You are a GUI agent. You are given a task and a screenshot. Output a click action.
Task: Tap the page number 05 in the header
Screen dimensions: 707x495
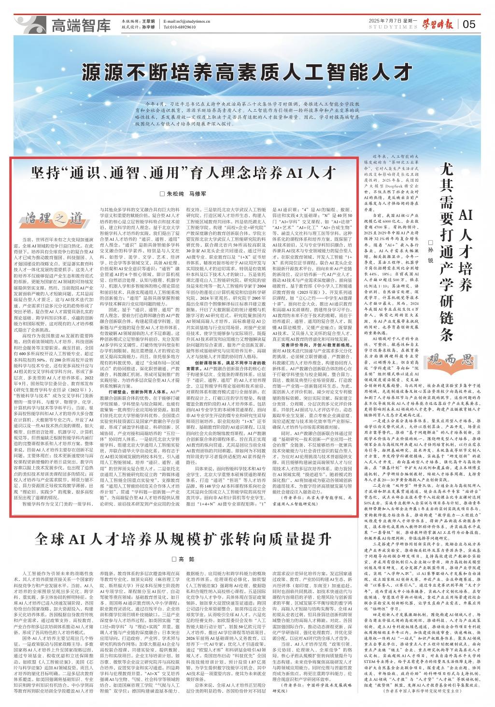[469, 24]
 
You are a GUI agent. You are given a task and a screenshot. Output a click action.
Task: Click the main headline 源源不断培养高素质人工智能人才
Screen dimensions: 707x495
[247, 72]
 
